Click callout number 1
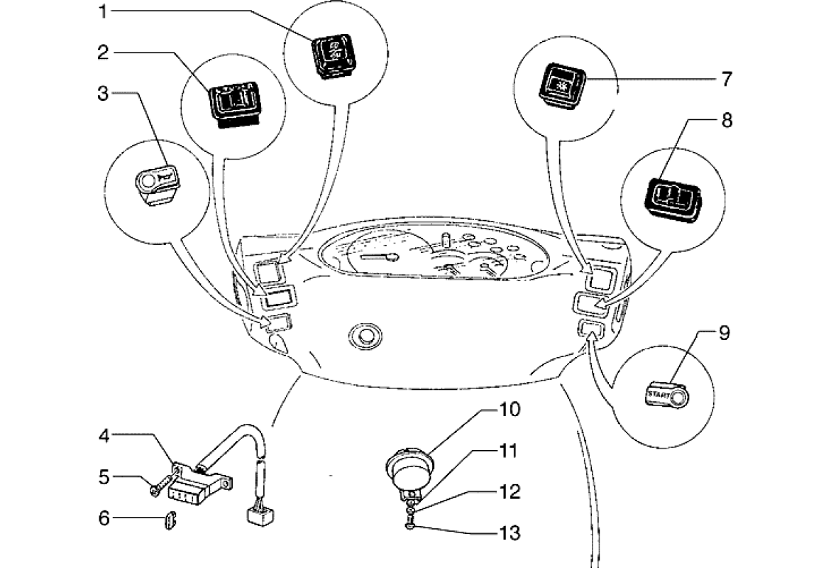point(104,11)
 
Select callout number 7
point(725,78)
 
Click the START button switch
point(668,396)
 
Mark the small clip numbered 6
point(169,521)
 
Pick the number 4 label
point(104,436)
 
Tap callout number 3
point(104,94)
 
